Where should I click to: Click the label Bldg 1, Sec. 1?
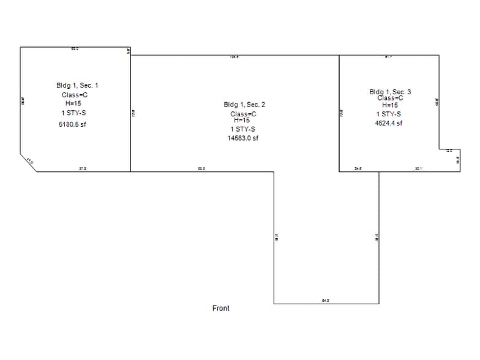pyautogui.click(x=77, y=85)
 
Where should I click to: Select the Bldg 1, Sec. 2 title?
pyautogui.click(x=244, y=105)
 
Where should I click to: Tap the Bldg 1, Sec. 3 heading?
pyautogui.click(x=390, y=92)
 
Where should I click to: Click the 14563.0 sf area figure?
pyautogui.click(x=243, y=138)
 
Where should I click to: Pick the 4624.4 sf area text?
pyautogui.click(x=389, y=123)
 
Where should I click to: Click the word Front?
pyautogui.click(x=221, y=308)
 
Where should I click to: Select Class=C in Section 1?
pyautogui.click(x=75, y=95)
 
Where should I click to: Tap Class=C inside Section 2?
pyautogui.click(x=243, y=114)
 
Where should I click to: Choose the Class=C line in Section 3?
pyautogui.click(x=390, y=98)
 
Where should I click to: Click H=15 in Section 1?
pyautogui.click(x=73, y=103)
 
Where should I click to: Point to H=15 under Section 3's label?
pyautogui.click(x=390, y=105)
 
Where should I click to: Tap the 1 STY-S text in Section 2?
pyautogui.click(x=243, y=129)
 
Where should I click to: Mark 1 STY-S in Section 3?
pyautogui.click(x=389, y=114)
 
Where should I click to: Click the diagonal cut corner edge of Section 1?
pyautogui.click(x=28, y=162)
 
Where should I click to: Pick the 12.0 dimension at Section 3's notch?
pyautogui.click(x=449, y=151)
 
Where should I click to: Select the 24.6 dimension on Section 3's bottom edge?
pyautogui.click(x=358, y=168)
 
